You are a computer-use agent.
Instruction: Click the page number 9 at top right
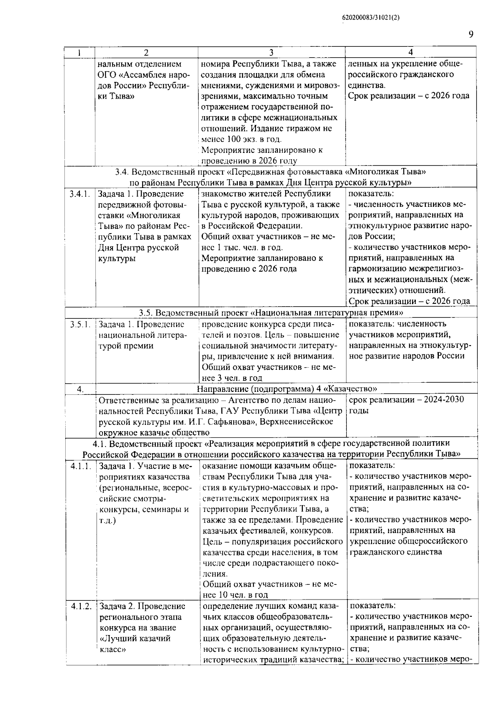pos(471,34)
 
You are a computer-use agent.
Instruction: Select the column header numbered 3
pos(271,53)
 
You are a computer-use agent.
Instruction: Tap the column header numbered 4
pos(410,52)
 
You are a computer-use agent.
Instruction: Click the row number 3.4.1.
pos(80,194)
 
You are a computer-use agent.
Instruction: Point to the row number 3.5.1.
pos(80,324)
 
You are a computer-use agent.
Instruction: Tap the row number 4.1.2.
pos(81,606)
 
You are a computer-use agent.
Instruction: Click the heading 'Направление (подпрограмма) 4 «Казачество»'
pos(287,389)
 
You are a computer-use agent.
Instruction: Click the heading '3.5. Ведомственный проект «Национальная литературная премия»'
pos(271,313)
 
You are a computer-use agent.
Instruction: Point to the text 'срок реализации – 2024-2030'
pos(406,400)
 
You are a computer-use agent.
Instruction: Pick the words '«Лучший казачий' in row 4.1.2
pos(135,639)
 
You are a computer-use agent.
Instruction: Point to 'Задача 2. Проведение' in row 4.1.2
pos(142,606)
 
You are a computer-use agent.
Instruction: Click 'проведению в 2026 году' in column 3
pos(249,161)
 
